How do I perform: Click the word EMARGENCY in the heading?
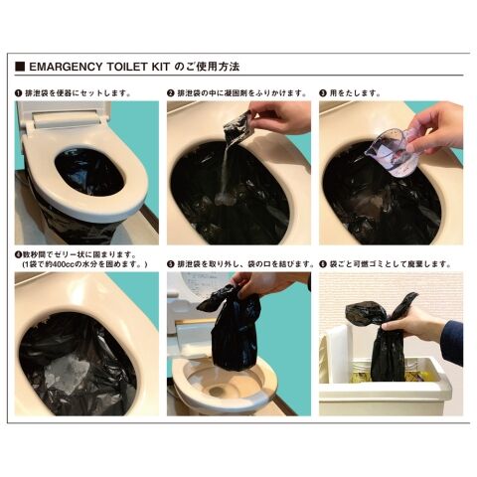tap(66, 67)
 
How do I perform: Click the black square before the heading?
tap(20, 67)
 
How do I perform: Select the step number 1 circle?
tap(19, 93)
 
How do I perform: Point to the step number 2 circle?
tap(171, 93)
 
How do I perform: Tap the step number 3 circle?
tap(323, 93)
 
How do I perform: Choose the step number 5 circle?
tap(171, 264)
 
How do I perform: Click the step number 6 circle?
tap(323, 264)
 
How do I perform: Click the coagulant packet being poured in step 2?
tap(238, 129)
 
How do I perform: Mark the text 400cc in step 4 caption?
tap(66, 264)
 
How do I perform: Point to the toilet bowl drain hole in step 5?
tap(217, 392)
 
